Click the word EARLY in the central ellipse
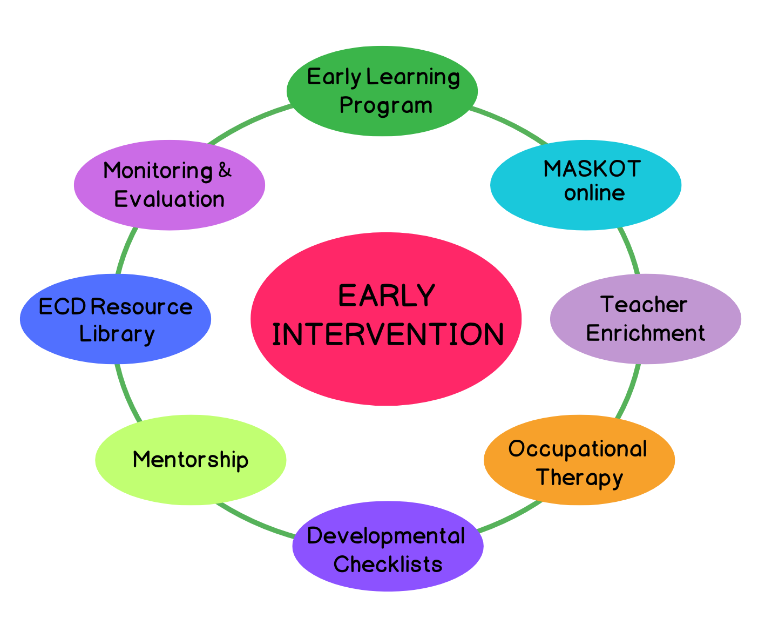click(x=387, y=296)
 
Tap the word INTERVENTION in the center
click(x=388, y=334)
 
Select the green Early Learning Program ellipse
click(x=382, y=91)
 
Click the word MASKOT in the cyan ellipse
click(x=592, y=169)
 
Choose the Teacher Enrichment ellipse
click(x=646, y=319)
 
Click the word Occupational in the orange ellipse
click(x=578, y=449)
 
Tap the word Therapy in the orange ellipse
click(x=579, y=478)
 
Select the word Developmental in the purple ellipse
click(x=386, y=536)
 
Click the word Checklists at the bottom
click(x=388, y=564)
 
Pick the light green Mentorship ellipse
click(x=191, y=460)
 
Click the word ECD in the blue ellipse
click(x=62, y=306)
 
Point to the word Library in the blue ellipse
click(x=117, y=334)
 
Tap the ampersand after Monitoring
click(x=225, y=170)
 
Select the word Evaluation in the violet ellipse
click(x=170, y=199)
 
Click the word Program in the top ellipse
click(x=386, y=106)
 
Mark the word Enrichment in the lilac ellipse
click(x=646, y=333)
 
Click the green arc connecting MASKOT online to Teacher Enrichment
click(x=630, y=250)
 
